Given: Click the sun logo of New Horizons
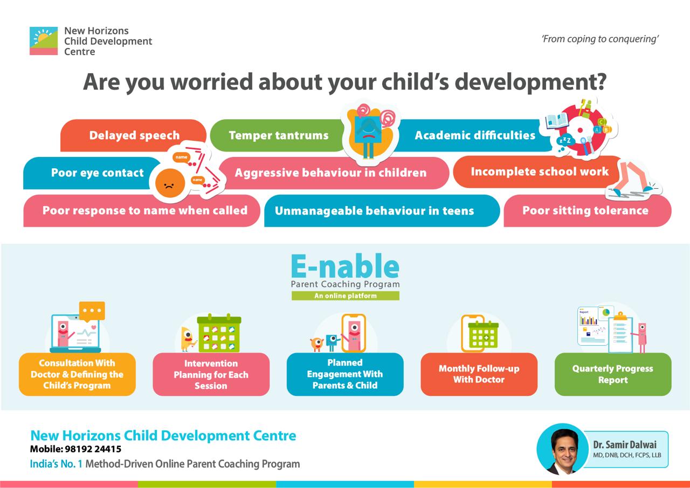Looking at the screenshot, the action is coord(44,41).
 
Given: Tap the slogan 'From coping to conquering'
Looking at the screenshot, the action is coord(600,39).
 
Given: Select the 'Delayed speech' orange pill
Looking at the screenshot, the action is coord(133,135).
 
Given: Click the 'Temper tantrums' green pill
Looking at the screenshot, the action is coord(277,135).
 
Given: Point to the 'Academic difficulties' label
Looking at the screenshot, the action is coord(475,135).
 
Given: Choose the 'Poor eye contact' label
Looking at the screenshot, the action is coord(98,173).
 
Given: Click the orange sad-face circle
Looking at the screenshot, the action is coord(170,183).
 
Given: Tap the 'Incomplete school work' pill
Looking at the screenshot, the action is coord(537,172).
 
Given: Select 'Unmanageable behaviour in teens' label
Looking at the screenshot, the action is coord(374,211).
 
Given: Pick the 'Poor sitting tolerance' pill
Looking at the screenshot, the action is coord(588,211).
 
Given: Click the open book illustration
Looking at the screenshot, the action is coord(557,121).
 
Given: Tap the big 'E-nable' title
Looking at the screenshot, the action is coord(346,266).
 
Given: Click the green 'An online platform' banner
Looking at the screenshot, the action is coord(346,295).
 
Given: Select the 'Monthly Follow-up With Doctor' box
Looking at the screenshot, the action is coord(479,374).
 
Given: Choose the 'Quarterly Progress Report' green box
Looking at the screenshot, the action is coord(613,374).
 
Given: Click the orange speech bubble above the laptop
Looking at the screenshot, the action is coord(92,311).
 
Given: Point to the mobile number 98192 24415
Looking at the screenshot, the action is coord(93,449).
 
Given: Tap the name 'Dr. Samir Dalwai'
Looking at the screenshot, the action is coord(625,445).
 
